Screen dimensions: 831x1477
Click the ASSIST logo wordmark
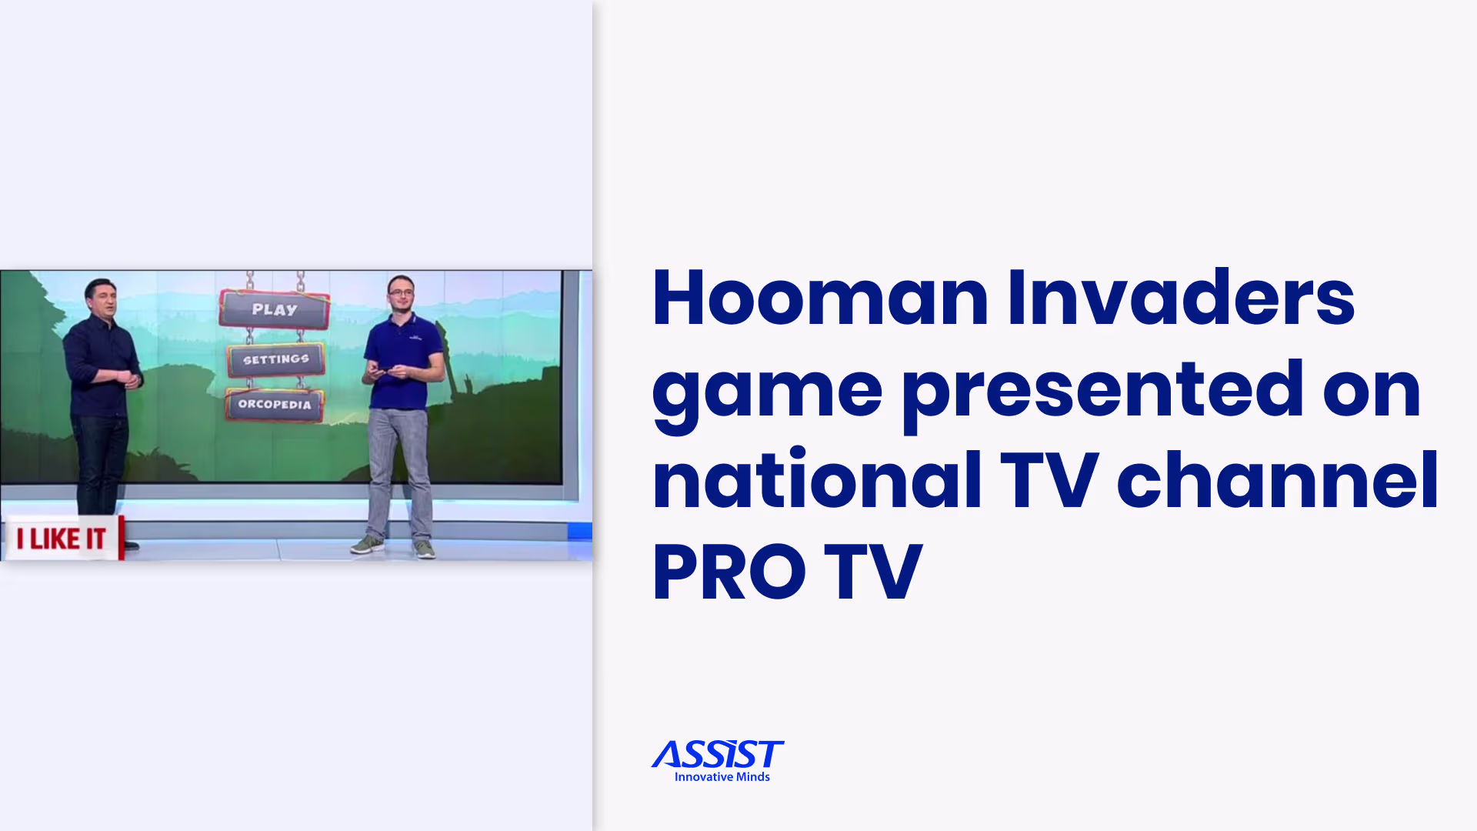click(x=718, y=755)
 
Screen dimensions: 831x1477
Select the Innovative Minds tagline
click(x=722, y=777)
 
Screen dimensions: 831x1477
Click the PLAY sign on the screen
click(x=275, y=309)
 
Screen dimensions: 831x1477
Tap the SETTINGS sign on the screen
click(x=275, y=359)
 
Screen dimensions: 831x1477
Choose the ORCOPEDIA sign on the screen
click(x=275, y=404)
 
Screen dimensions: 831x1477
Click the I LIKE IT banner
click(x=62, y=539)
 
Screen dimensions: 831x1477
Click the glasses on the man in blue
click(x=401, y=292)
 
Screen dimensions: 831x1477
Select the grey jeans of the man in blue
click(x=398, y=469)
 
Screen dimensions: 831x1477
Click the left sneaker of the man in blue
click(x=368, y=545)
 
